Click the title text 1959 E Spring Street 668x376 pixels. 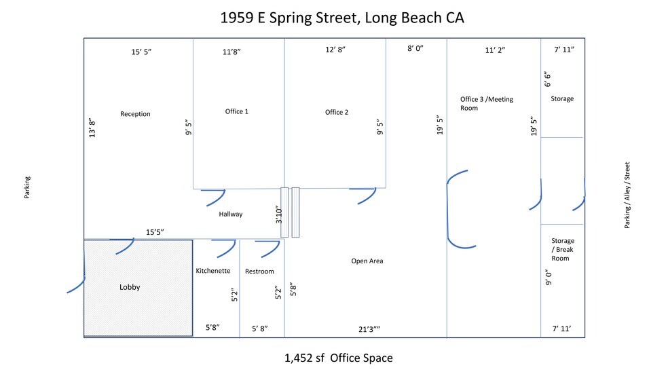pos(341,18)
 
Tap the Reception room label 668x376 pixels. pos(135,114)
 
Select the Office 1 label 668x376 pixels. pos(236,111)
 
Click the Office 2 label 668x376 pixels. pos(337,112)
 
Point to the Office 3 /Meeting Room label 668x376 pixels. pos(486,104)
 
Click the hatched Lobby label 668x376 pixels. pos(130,287)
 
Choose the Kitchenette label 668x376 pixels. pos(213,271)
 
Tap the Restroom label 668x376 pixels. pos(259,271)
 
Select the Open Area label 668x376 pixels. pos(367,261)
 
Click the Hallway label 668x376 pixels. pos(231,214)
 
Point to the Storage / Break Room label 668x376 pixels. pos(562,249)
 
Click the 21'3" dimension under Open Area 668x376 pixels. pos(369,328)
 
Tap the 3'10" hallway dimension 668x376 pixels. pos(278,215)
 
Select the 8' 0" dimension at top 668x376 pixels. pos(415,49)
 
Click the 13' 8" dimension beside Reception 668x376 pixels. pos(92,128)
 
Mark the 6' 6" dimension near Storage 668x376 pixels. pos(547,80)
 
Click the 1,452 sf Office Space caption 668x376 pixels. pos(339,358)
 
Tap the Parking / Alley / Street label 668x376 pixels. pos(628,195)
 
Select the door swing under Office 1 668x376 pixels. pos(216,197)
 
